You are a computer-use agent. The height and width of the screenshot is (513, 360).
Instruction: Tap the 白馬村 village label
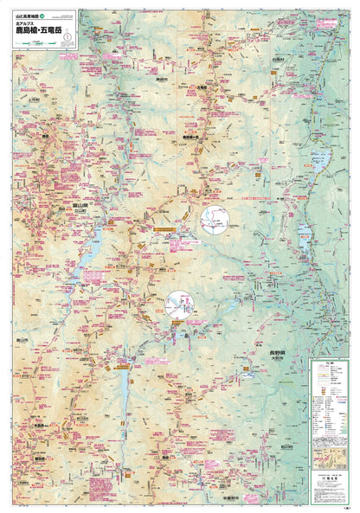click(x=277, y=60)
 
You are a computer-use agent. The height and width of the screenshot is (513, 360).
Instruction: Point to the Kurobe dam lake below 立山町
click(x=89, y=250)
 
